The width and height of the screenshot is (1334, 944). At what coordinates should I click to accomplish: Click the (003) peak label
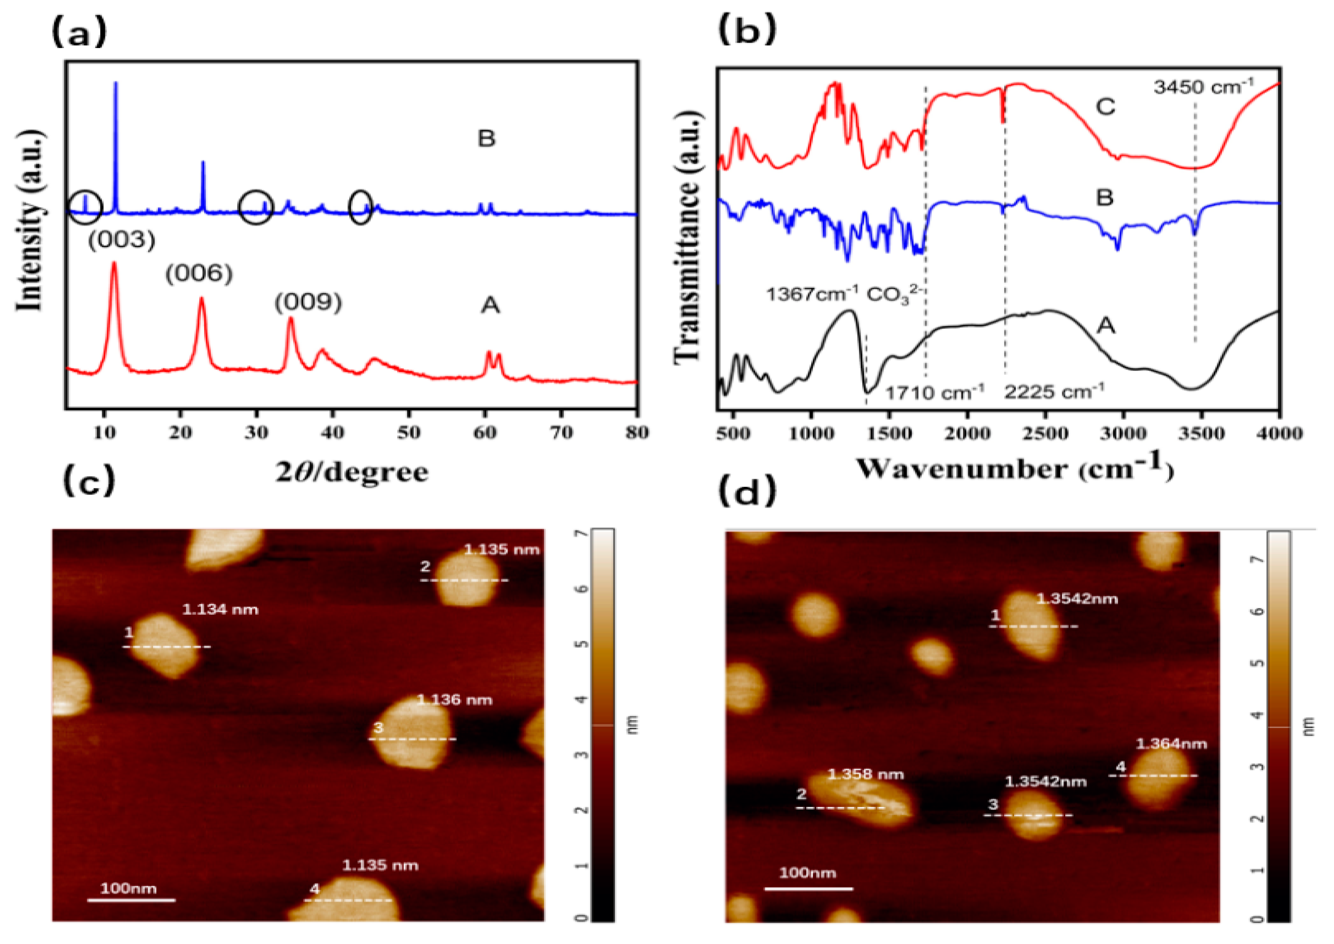pyautogui.click(x=121, y=239)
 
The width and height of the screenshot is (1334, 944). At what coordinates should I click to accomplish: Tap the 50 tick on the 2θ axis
pyautogui.click(x=409, y=433)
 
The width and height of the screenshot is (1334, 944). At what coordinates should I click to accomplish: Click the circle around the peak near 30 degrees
pyautogui.click(x=256, y=207)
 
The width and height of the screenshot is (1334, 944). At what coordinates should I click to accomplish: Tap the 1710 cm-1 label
pyautogui.click(x=934, y=393)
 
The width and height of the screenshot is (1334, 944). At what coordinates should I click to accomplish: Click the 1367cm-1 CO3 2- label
pyautogui.click(x=846, y=295)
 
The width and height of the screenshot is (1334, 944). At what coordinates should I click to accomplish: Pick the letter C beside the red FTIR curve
pyautogui.click(x=1105, y=107)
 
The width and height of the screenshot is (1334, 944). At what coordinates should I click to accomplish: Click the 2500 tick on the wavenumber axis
pyautogui.click(x=1045, y=433)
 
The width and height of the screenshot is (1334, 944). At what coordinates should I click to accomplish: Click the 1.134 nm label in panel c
pyautogui.click(x=220, y=610)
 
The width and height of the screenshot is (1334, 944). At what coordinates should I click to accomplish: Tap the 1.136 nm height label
pyautogui.click(x=455, y=700)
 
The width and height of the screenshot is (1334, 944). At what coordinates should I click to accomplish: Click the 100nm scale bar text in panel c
pyautogui.click(x=128, y=888)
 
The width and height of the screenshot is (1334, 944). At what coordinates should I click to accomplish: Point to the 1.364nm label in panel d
pyautogui.click(x=1171, y=743)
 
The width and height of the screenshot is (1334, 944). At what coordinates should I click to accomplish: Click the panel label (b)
pyautogui.click(x=747, y=30)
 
